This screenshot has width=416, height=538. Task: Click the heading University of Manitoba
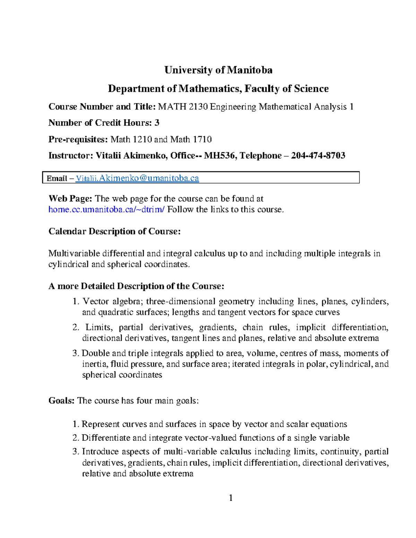tap(218, 70)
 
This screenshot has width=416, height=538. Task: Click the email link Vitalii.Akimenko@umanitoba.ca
tap(137, 178)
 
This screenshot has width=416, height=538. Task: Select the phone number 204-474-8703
tap(318, 156)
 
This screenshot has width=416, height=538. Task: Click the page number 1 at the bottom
tap(231, 498)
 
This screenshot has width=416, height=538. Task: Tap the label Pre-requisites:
tap(78, 140)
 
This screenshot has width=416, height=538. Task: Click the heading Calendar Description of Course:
tap(114, 231)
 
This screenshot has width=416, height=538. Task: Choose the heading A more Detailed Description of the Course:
tap(136, 286)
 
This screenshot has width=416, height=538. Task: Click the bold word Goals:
tap(61, 401)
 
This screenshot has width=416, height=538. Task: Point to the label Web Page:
tap(70, 199)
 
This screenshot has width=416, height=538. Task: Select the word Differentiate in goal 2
tap(106, 438)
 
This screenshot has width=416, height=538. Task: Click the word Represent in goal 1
tap(101, 424)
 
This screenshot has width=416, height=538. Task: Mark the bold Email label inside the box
tap(57, 178)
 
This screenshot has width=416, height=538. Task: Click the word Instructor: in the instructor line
tap(70, 156)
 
